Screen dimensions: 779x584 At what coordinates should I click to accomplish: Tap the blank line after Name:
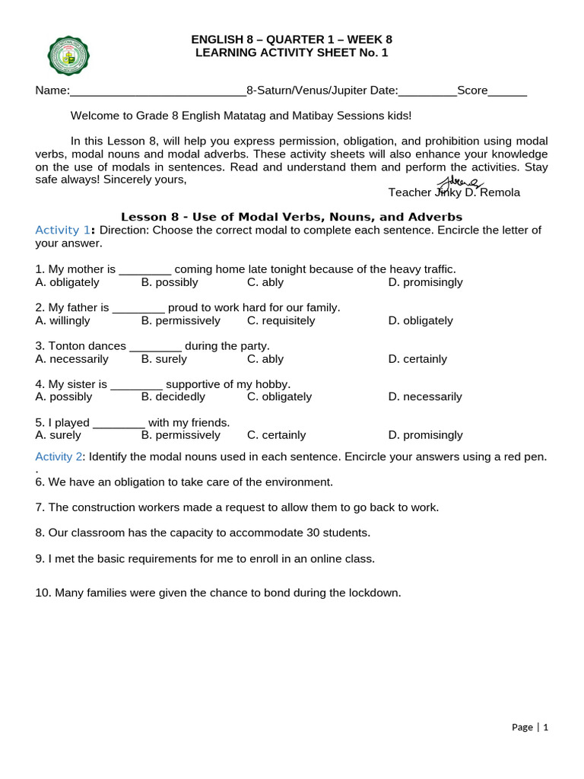tap(157, 92)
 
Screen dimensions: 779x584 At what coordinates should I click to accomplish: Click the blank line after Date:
tap(427, 92)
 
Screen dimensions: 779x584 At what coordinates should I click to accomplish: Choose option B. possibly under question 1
tap(170, 282)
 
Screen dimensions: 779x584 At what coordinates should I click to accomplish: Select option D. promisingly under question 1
tap(425, 282)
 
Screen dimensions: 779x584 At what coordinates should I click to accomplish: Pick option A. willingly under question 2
tap(62, 321)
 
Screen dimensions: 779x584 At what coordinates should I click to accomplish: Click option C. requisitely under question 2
tap(281, 321)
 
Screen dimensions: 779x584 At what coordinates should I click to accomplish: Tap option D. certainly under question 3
tap(417, 359)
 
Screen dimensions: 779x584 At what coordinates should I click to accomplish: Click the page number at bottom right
tap(530, 727)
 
